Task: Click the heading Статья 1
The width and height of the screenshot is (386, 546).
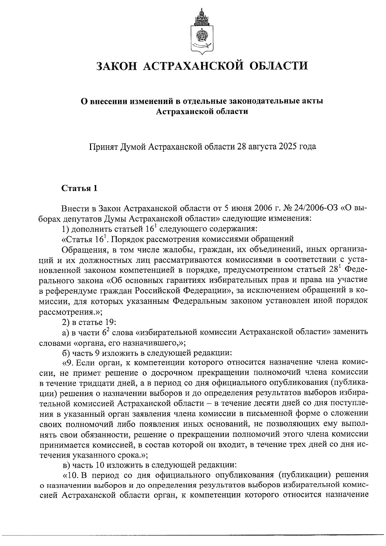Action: click(79, 188)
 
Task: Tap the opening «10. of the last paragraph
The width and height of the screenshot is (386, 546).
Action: click(70, 475)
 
